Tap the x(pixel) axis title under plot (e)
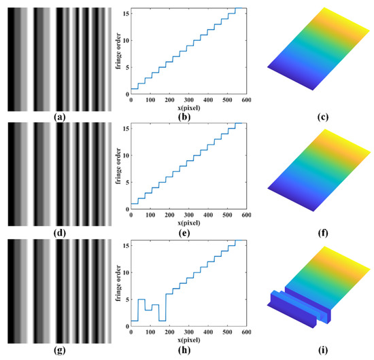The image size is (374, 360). point(188,223)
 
